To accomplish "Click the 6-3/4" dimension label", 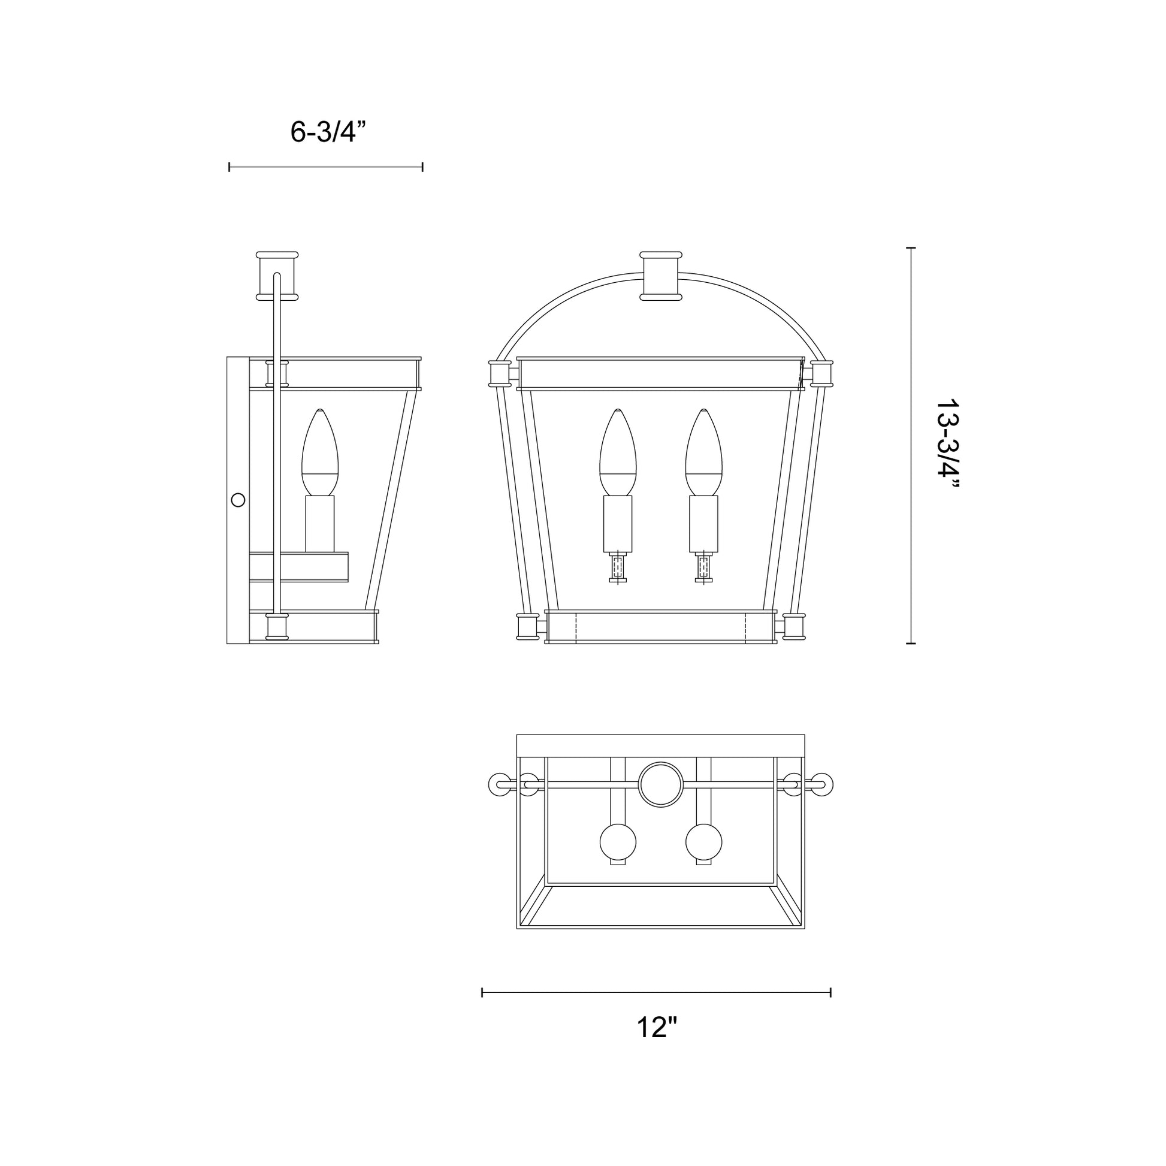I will [x=328, y=132].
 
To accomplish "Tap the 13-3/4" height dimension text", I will [x=946, y=445].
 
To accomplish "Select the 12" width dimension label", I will [x=657, y=1028].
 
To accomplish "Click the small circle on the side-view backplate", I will [x=238, y=500].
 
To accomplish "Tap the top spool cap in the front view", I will [x=661, y=276].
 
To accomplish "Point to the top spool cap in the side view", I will [x=277, y=276].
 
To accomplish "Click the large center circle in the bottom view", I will [x=661, y=784].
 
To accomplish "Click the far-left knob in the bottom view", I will [x=499, y=784].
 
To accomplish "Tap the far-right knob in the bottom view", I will [x=823, y=784].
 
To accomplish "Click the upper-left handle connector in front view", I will [x=500, y=373].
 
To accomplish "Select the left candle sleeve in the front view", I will [x=618, y=524].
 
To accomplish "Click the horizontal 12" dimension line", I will [x=657, y=992].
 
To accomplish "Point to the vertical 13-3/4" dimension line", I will [x=911, y=445].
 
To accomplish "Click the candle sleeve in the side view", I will [x=320, y=524].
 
